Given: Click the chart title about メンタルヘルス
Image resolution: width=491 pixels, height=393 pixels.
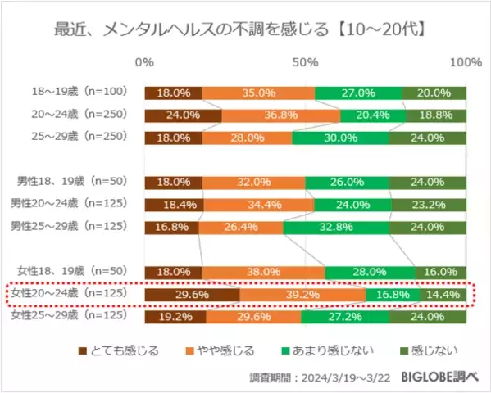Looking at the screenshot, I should [245, 30].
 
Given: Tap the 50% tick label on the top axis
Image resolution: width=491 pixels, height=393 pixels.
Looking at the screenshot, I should [306, 63].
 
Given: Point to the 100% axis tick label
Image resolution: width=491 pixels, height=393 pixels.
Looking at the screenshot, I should [466, 63].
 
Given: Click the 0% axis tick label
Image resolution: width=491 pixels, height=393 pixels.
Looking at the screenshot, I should [144, 63].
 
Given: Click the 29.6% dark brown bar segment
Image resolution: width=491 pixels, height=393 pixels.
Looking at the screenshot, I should [192, 293].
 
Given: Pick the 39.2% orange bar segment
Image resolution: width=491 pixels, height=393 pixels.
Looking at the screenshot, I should [302, 293].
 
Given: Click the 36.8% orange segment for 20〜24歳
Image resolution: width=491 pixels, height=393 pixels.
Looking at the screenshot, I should [281, 115].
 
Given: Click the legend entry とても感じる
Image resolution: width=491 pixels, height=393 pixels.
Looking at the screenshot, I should [125, 350].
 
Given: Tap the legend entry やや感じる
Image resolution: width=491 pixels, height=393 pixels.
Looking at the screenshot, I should [225, 350].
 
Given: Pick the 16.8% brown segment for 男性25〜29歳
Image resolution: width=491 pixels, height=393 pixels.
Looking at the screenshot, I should [171, 227].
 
